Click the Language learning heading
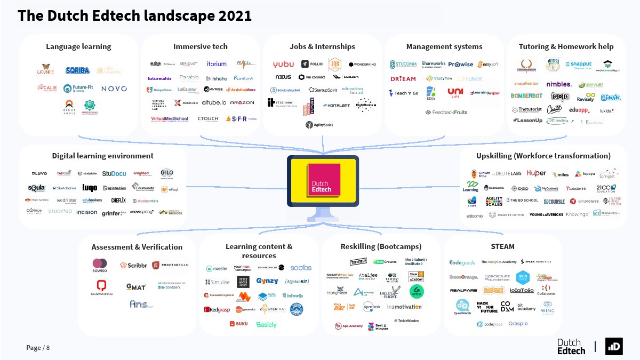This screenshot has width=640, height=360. click(78, 46)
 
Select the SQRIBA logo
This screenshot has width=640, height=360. click(77, 70)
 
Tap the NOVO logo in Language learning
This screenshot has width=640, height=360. click(114, 89)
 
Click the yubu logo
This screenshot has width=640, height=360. click(283, 65)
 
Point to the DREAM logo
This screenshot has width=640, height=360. click(403, 78)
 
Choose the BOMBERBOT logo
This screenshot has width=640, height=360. click(526, 96)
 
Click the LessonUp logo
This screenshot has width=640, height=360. click(527, 121)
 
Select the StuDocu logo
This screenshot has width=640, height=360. click(114, 173)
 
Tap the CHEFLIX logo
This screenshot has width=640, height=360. click(118, 201)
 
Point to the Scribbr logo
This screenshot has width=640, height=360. click(133, 265)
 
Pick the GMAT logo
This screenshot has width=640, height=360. click(135, 287)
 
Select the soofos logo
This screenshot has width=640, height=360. click(301, 267)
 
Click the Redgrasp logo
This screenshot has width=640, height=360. click(217, 309)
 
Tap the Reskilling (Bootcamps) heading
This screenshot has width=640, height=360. click(381, 246)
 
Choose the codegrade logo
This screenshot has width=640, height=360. click(462, 262)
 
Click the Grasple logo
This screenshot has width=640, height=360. click(518, 324)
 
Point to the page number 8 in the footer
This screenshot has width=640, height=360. click(47, 348)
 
